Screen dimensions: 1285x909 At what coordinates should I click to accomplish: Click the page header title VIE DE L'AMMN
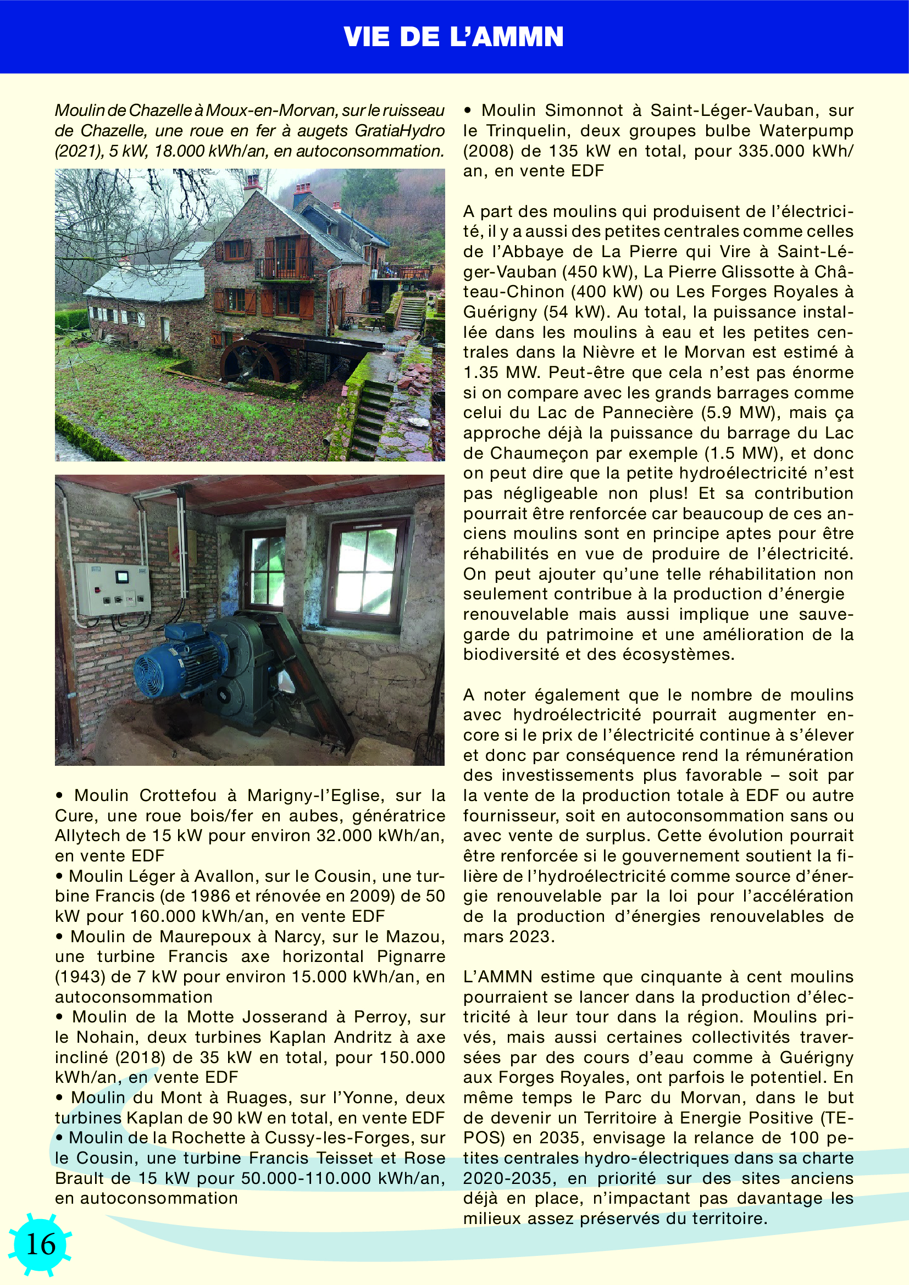coord(453,37)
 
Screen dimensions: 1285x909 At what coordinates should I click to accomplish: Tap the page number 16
coord(41,1244)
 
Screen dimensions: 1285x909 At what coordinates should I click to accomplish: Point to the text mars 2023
coord(508,936)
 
